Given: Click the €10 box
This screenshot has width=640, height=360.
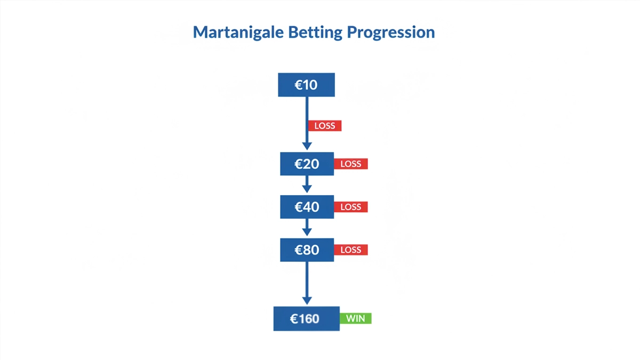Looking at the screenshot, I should tap(306, 85).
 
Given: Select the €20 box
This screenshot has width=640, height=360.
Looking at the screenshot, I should tap(307, 164).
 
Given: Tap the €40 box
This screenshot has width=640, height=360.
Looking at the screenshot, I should tap(307, 206).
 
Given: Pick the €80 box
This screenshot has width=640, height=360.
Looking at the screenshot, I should tap(307, 250).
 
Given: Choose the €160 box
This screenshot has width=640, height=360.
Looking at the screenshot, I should tap(306, 318).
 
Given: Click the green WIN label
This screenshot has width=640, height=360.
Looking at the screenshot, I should tap(356, 318).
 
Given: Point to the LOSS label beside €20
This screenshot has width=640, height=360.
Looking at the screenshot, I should tap(351, 164).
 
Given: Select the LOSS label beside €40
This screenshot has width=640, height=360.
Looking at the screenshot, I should tap(351, 207).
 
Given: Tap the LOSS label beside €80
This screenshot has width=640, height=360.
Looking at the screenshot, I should tap(351, 250).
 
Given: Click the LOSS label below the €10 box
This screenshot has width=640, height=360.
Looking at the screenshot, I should tap(324, 126).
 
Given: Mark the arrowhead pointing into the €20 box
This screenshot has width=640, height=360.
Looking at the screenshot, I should tap(307, 146).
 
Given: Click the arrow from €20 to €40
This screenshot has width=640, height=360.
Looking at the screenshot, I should tap(307, 185).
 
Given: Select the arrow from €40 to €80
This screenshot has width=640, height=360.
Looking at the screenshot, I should tap(307, 228).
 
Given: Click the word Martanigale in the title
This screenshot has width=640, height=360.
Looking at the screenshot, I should tap(238, 33).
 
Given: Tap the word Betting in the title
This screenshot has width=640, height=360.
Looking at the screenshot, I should tap(315, 33).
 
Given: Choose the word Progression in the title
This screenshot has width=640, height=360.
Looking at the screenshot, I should tap(391, 33).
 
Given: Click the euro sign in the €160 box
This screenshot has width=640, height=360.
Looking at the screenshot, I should tap(294, 319).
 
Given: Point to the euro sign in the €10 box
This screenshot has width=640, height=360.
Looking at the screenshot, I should tap(299, 85).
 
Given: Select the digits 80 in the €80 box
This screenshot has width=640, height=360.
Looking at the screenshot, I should tap(311, 250).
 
